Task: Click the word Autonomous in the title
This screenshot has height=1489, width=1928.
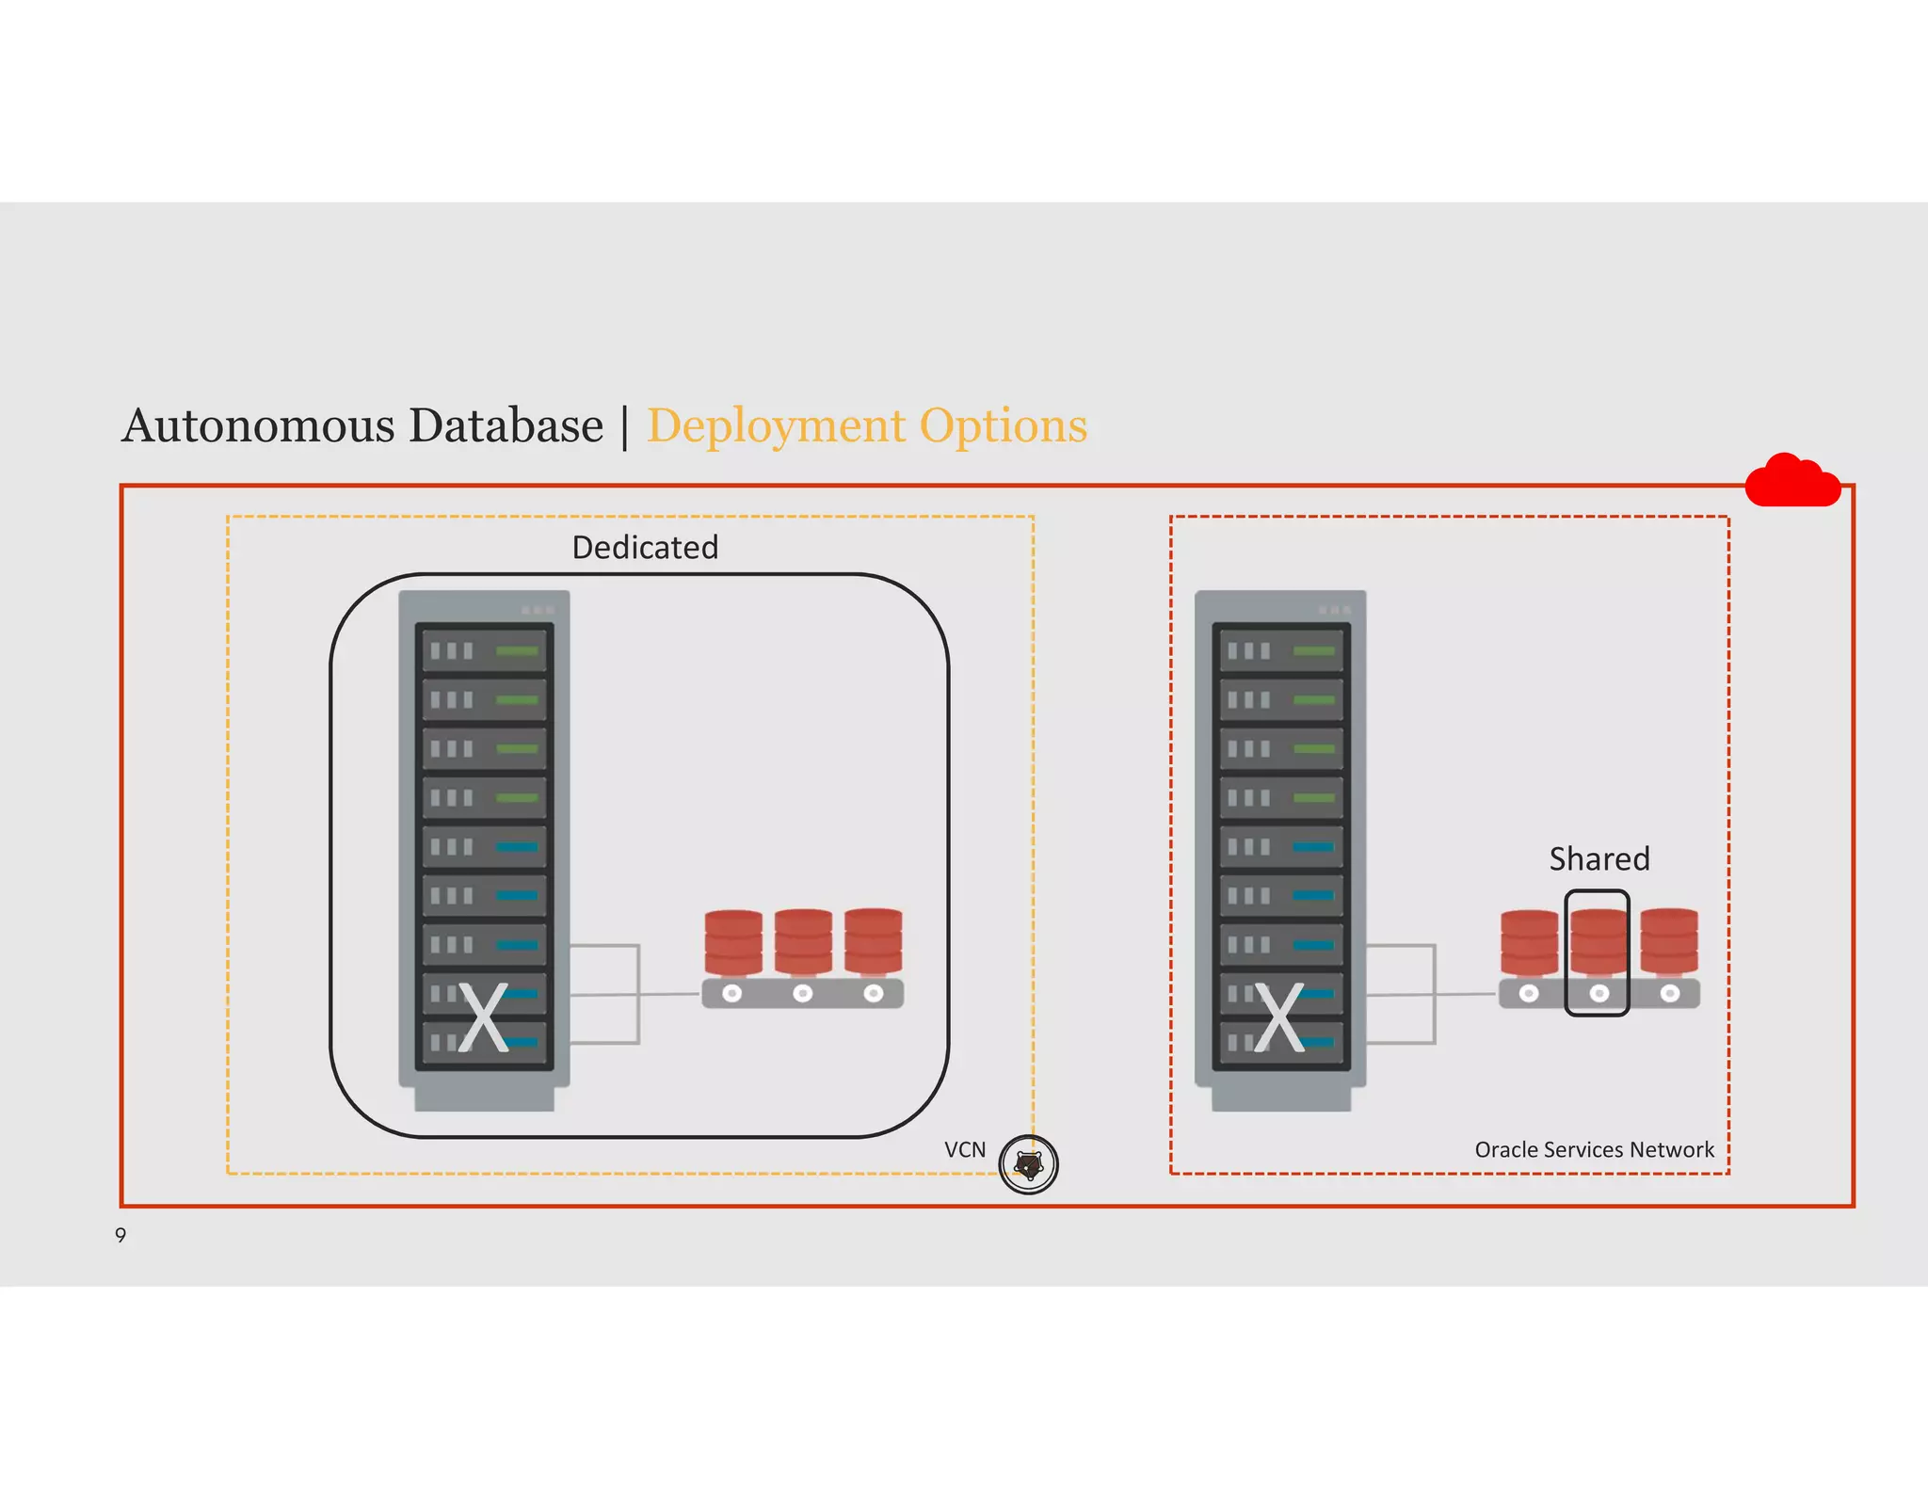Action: coord(259,425)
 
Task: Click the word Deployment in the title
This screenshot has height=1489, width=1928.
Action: coord(775,426)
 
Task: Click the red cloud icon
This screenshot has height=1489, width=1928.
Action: coord(1791,482)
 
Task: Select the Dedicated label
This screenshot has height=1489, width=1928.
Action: coord(645,547)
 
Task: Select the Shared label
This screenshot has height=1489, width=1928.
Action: coord(1599,858)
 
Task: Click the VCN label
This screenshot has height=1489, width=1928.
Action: coord(965,1149)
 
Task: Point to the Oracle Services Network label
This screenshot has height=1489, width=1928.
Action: coord(1594,1149)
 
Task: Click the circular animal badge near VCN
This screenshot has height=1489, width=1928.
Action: coord(1028,1165)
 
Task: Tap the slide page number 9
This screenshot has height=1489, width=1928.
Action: coord(120,1235)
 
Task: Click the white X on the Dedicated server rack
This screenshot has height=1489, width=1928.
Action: coord(483,1017)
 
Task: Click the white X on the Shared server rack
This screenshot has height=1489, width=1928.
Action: coord(1279,1017)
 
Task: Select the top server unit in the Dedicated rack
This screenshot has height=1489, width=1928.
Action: coord(484,650)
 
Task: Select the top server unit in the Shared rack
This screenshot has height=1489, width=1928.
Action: coord(1280,650)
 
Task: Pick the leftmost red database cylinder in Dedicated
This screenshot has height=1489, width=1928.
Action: coord(733,942)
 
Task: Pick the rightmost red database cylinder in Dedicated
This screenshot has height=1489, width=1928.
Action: coord(874,941)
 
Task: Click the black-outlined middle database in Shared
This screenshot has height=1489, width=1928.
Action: coord(1598,951)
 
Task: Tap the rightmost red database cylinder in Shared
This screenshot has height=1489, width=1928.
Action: coord(1669,941)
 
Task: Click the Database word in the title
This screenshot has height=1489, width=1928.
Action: coord(506,425)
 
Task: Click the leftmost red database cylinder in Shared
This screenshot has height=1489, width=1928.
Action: coord(1529,942)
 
